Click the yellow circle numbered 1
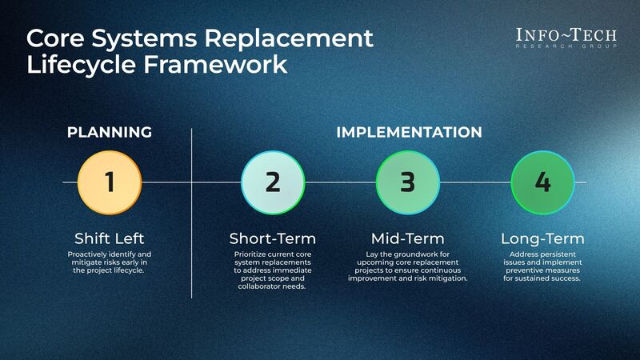(x=110, y=182)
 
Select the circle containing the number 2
(x=272, y=182)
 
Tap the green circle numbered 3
(x=407, y=182)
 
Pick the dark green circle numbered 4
(x=542, y=182)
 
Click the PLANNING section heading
(x=110, y=132)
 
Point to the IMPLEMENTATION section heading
(x=408, y=132)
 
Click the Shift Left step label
(x=110, y=238)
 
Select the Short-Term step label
(x=272, y=238)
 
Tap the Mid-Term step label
(x=407, y=238)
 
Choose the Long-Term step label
(x=542, y=238)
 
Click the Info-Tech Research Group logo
(x=567, y=38)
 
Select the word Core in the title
(x=57, y=38)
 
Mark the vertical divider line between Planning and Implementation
(x=192, y=212)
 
